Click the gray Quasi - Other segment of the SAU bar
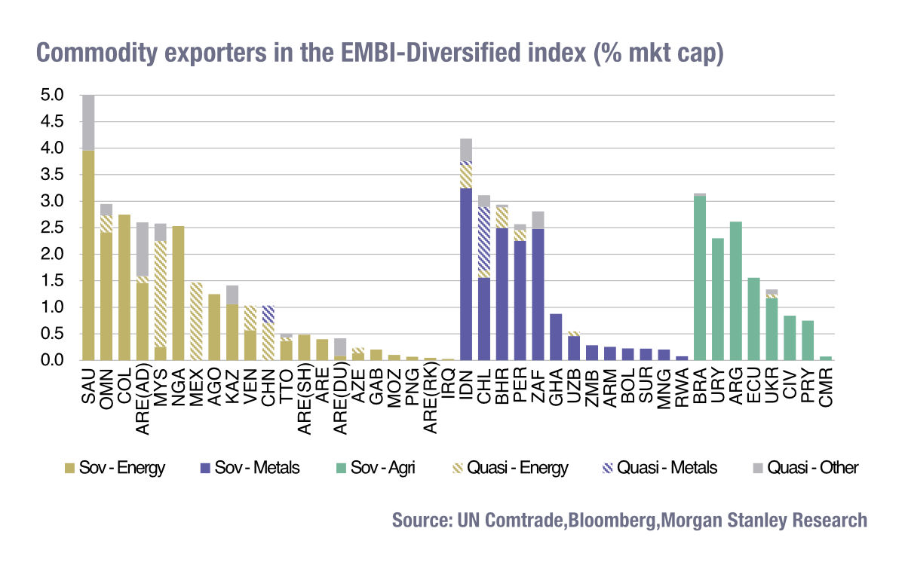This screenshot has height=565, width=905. [x=88, y=122]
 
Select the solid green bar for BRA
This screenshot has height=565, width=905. [x=700, y=279]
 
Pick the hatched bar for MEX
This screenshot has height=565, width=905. [x=196, y=322]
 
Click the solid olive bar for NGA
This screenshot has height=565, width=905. [x=178, y=293]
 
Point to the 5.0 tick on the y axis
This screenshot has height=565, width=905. [x=57, y=96]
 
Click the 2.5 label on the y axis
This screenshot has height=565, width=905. [x=57, y=228]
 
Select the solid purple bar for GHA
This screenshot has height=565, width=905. [x=556, y=337]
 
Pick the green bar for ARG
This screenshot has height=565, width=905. [x=736, y=291]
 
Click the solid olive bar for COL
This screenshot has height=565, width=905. [x=124, y=287]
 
